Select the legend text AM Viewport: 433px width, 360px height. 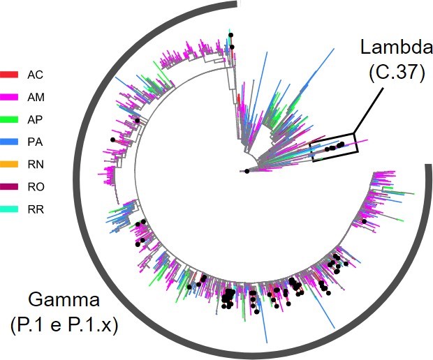click(x=35, y=96)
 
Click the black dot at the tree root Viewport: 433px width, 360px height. click(x=247, y=171)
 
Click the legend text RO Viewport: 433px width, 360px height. click(x=35, y=186)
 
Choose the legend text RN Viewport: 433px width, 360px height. click(x=35, y=164)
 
